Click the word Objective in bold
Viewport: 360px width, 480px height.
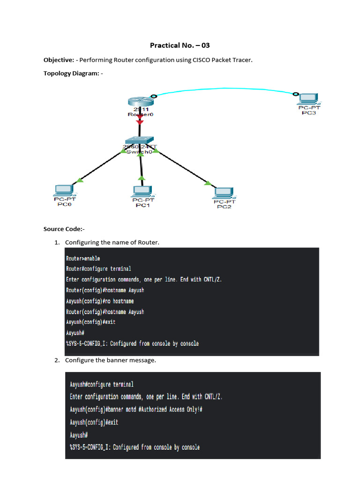[x=59, y=60]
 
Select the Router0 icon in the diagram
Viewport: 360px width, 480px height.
[x=140, y=101]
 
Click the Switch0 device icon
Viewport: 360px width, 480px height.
[x=139, y=141]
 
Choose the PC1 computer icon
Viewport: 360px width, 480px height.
[x=141, y=192]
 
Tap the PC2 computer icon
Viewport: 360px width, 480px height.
[x=224, y=193]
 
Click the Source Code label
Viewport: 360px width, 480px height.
[x=64, y=229]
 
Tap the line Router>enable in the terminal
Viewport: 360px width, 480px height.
[x=83, y=258]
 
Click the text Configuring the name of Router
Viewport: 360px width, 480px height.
[x=112, y=242]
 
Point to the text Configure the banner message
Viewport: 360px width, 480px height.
[x=110, y=360]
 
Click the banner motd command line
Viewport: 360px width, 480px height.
[x=136, y=409]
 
